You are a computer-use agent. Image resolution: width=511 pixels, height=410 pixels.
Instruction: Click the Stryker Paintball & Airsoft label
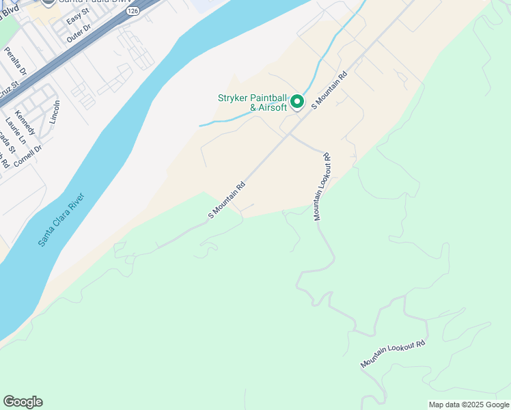(252, 102)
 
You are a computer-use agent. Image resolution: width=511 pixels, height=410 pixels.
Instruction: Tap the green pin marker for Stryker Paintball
(297, 102)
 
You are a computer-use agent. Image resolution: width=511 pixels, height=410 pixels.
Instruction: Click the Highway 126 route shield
(133, 11)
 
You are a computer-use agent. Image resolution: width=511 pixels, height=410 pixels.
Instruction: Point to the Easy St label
(77, 16)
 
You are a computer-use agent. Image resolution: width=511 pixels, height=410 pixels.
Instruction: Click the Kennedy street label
(24, 122)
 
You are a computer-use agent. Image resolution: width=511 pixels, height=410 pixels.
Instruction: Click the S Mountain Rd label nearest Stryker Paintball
(330, 90)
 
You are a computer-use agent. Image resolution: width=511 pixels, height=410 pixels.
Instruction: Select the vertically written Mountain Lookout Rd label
(322, 186)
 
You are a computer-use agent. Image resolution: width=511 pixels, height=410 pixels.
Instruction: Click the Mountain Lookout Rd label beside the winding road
(393, 354)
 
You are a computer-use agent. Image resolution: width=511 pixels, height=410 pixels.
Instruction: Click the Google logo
(23, 402)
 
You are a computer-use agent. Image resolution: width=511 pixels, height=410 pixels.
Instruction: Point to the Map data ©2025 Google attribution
(468, 405)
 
